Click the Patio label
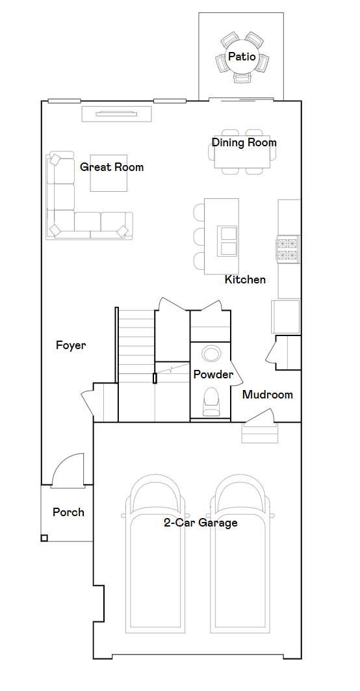[x=242, y=57]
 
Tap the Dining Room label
[x=244, y=142]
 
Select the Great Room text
[x=112, y=167]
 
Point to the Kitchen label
[x=245, y=280]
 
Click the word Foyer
[x=70, y=345]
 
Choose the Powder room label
[x=213, y=374]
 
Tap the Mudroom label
[x=268, y=395]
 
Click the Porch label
[x=68, y=512]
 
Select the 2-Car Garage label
[x=201, y=523]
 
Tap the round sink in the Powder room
[x=211, y=354]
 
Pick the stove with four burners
[x=289, y=250]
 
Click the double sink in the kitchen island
[x=228, y=241]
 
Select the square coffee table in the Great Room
[x=109, y=173]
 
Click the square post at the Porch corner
[x=44, y=538]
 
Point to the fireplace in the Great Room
[x=116, y=114]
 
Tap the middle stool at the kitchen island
[x=199, y=237]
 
